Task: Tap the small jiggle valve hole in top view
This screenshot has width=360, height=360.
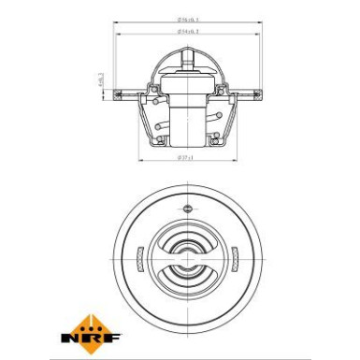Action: pos(187,207)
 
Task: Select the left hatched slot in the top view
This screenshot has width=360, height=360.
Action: pos(137,255)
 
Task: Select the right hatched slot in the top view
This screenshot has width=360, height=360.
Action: pos(236,255)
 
